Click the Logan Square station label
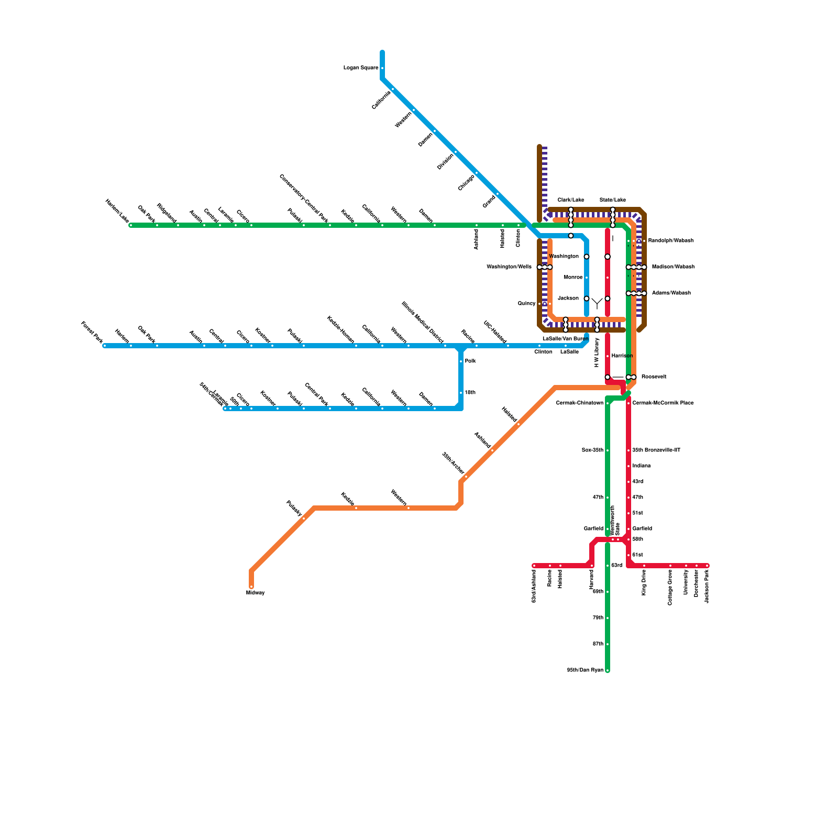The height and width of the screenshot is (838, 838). click(x=360, y=68)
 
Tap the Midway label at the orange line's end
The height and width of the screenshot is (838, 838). click(x=255, y=593)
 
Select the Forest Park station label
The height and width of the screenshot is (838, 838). click(x=92, y=333)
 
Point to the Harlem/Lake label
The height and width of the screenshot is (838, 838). click(x=117, y=211)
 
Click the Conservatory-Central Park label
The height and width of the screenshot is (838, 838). click(x=304, y=199)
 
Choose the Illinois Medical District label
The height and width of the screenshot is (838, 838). click(x=423, y=323)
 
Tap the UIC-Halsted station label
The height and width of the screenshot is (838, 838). click(x=494, y=332)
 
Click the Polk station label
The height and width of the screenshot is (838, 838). click(x=470, y=361)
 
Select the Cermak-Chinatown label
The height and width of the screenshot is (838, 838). click(x=579, y=403)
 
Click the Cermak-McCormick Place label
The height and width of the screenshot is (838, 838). click(x=663, y=403)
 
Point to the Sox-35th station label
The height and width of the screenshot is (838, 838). click(x=592, y=450)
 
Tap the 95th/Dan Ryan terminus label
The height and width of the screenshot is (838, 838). click(x=585, y=670)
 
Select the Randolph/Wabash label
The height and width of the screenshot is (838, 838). click(x=670, y=241)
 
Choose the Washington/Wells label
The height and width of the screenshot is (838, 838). click(x=509, y=267)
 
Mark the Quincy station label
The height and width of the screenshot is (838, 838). click(x=526, y=304)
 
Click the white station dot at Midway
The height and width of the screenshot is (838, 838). click(x=251, y=587)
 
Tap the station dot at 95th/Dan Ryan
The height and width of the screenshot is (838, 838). click(x=608, y=670)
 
